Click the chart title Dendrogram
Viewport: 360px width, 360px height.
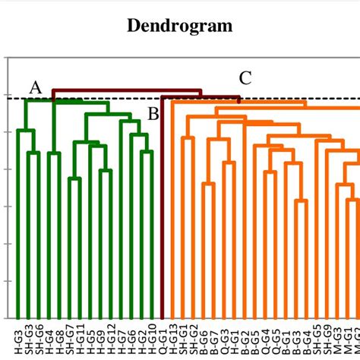coord(180,26)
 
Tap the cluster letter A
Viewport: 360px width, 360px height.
coord(35,88)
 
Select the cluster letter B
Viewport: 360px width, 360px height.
coord(153,115)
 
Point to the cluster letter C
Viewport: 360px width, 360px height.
coord(245,77)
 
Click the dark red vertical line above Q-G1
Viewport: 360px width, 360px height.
coord(162,213)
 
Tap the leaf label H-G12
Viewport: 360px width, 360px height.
coord(111,341)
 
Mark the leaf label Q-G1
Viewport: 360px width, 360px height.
coord(163,342)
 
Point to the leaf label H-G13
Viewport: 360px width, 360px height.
coord(173,341)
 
